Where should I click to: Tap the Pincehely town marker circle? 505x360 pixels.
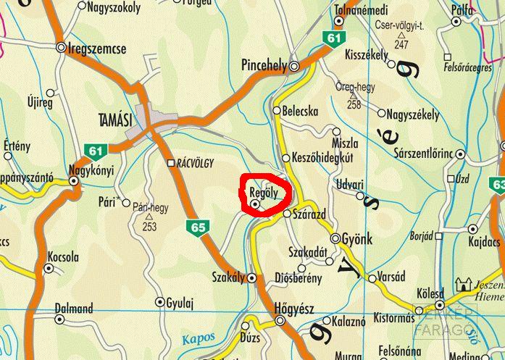click(295, 67)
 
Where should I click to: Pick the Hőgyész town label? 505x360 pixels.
click(294, 309)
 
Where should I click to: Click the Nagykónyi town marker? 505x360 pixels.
click(73, 181)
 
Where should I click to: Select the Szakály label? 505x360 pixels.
click(228, 277)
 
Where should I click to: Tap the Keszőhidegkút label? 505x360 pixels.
click(321, 157)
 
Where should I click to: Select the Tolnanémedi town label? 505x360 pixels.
click(362, 10)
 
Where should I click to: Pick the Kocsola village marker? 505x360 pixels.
click(49, 268)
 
